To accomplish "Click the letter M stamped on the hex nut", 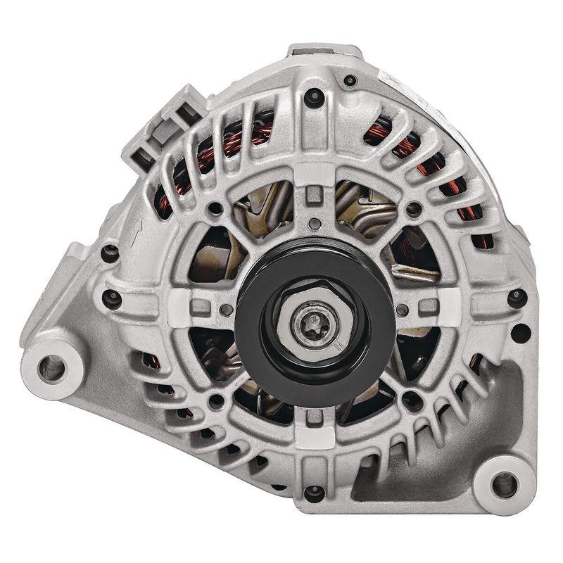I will pyautogui.click(x=337, y=346).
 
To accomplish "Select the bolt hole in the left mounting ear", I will pyautogui.click(x=51, y=365).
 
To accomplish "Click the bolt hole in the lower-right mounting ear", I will pyautogui.click(x=504, y=483).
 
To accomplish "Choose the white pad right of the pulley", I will pyautogui.click(x=446, y=303).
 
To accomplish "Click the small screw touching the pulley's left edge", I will pyautogui.click(x=226, y=310).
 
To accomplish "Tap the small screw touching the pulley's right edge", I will pyautogui.click(x=400, y=310).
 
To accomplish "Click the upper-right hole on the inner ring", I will pyautogui.click(x=414, y=209).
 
